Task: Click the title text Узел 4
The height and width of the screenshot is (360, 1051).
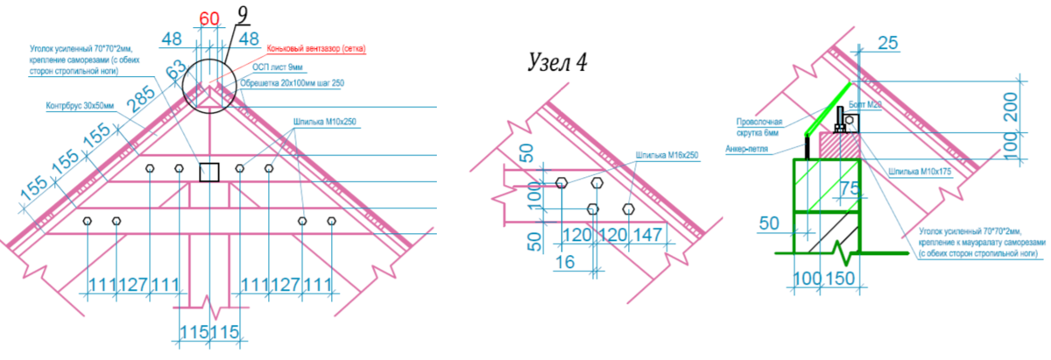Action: tap(558, 62)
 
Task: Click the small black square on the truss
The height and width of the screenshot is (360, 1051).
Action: tap(208, 173)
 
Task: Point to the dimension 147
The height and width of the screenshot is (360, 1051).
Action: tap(650, 235)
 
